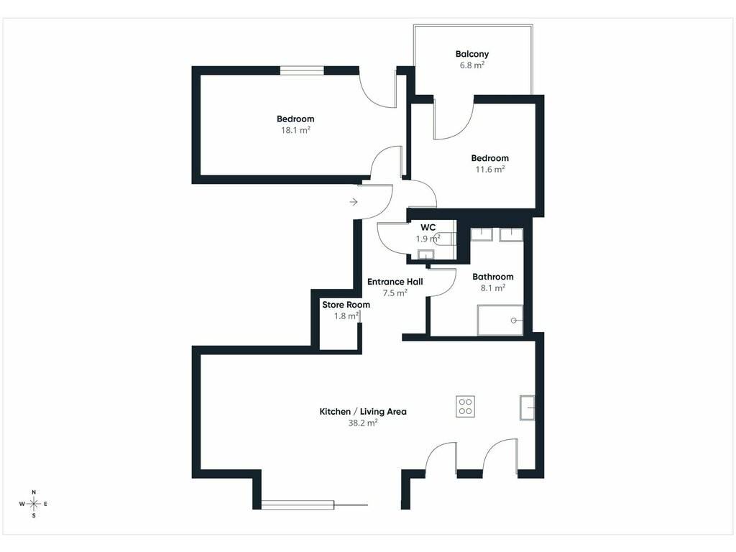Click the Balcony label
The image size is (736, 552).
pos(471,54)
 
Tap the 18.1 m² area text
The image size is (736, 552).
pos(295,130)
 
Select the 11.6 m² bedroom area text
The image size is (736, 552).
pos(490,169)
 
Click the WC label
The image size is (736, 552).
pos(428,227)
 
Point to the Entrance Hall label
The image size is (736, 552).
pos(395,282)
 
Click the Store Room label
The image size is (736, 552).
pos(346,305)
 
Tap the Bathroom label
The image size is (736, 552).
pos(493,277)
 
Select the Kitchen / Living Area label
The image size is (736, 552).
pos(363,412)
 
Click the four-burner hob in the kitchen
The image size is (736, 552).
pos(466,407)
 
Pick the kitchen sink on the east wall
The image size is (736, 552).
pos(527,408)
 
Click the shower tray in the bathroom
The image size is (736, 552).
pos(500,320)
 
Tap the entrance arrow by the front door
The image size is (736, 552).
pos(354,202)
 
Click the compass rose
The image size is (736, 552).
pos(34,504)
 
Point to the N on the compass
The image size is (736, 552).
pos(34,492)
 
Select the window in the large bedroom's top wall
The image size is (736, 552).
pos(302,70)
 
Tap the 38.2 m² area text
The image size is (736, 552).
pos(363,423)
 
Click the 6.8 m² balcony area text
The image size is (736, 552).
pos(471,65)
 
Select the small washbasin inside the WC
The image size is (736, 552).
pos(426,255)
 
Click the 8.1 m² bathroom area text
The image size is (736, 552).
pos(493,287)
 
